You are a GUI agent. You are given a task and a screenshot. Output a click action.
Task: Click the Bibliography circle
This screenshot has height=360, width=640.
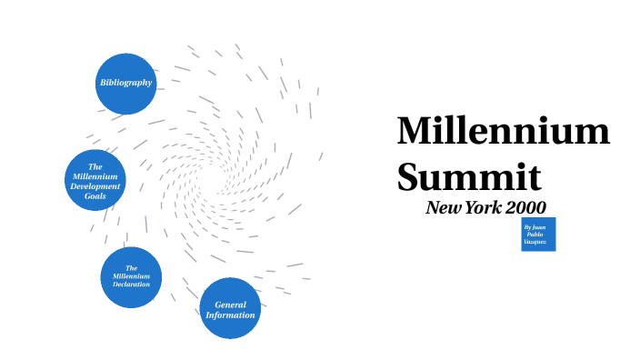pos(126,84)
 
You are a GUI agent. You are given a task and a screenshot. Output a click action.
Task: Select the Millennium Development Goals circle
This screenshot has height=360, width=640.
pos(95,180)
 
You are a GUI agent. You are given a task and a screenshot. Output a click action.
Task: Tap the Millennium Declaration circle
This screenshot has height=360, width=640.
pos(131,276)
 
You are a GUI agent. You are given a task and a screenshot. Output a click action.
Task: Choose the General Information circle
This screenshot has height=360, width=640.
pos(231,309)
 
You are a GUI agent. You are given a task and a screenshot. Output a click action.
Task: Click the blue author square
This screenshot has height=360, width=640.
pos(538,234)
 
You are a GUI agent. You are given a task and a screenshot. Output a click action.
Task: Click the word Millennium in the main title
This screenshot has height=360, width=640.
pos(503,131)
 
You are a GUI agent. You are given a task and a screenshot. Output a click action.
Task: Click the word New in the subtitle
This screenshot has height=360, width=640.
pos(445,207)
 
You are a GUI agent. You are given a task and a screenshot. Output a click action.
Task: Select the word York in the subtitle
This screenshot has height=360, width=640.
pos(483,207)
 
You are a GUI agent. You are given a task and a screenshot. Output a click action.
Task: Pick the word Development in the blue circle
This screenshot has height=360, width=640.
pos(95,185)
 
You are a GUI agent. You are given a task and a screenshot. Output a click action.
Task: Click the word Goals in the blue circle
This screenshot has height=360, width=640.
pos(95,195)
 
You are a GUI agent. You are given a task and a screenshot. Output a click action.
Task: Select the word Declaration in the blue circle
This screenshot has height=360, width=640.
pos(131,285)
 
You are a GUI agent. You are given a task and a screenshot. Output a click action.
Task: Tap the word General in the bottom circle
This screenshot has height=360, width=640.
pos(231,305)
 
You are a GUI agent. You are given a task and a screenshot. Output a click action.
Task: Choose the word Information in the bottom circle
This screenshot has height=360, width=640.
pos(231,315)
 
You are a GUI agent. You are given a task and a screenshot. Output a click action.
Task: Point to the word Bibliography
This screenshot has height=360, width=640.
pos(126,84)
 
